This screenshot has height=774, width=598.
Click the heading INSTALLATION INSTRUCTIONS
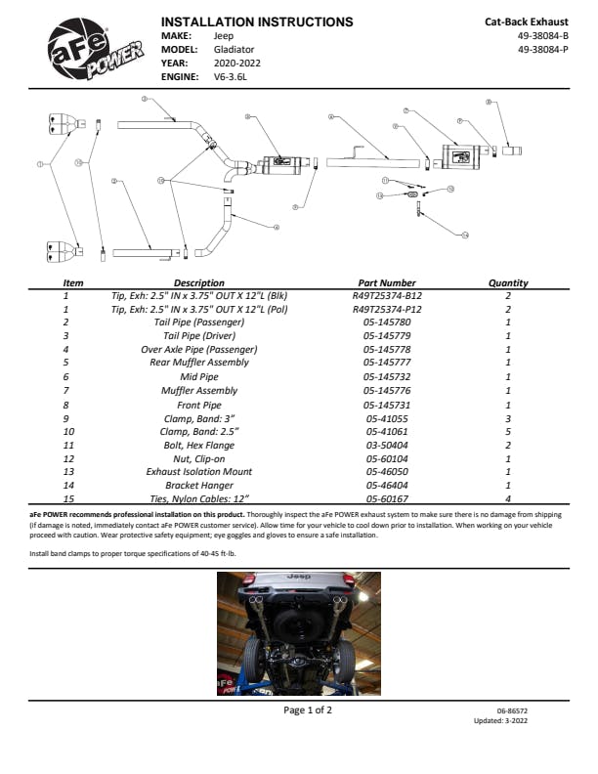coord(256,21)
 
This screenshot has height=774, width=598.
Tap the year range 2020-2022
coord(236,62)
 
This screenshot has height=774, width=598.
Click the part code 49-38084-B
coord(542,34)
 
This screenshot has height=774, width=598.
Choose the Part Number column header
coord(387,283)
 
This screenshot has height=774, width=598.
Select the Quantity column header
coord(508,283)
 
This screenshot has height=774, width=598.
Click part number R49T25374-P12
coord(387,309)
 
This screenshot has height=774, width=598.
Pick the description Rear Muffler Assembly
coord(198,363)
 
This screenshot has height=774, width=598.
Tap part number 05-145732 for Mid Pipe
coord(387,376)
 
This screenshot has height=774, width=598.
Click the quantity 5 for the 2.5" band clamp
coord(508,430)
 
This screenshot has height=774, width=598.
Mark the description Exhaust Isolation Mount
coord(198,471)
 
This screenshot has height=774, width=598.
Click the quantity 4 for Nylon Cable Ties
coord(508,498)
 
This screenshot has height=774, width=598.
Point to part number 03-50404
coord(387,444)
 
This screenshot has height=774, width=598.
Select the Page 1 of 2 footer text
coord(308,710)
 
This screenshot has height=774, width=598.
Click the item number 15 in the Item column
coord(65,498)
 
